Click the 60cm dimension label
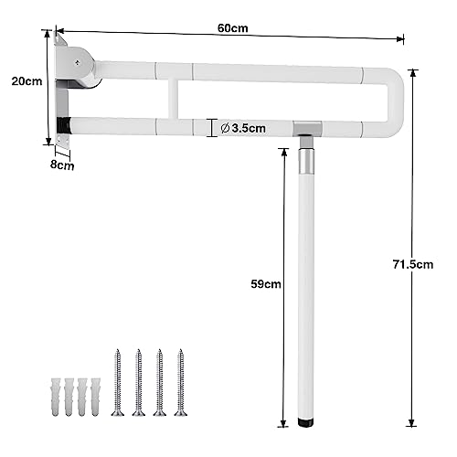click(x=231, y=28)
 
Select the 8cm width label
click(x=63, y=165)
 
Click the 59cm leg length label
click(x=267, y=284)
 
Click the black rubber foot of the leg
click(x=308, y=423)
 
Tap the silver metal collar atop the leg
click(x=307, y=161)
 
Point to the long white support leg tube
click(x=308, y=292)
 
